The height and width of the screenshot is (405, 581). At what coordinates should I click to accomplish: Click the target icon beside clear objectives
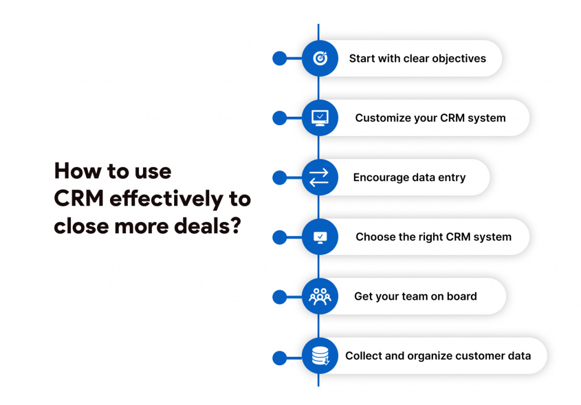pos(320,58)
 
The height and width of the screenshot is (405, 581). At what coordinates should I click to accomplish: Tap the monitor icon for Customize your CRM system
pos(320,118)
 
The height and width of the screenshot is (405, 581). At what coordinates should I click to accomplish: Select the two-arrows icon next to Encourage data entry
pos(319,177)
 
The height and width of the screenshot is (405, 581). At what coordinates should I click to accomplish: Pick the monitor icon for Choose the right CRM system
pos(320,237)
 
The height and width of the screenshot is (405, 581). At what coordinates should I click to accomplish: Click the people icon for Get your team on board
pos(320,297)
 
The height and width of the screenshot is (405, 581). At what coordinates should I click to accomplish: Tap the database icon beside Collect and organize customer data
pos(321,356)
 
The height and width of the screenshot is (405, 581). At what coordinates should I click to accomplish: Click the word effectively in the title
pos(166,199)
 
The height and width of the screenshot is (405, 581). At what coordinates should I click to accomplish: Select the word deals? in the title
pos(208,226)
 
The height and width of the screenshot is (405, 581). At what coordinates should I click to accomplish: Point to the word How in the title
pos(77,171)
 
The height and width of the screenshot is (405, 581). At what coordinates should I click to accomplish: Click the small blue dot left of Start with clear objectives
pos(279,58)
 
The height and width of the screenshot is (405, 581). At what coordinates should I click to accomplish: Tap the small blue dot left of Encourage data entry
pos(279,177)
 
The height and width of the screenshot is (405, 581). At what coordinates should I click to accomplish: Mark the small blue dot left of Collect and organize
pos(279,357)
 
